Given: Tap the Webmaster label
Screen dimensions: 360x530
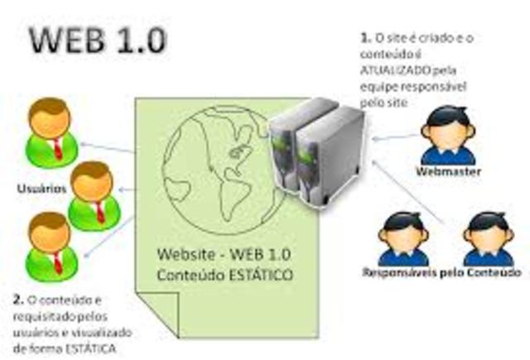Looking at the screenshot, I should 448,172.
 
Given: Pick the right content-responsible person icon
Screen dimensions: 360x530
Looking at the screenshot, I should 488,238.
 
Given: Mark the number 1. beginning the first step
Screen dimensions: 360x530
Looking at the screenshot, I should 364,37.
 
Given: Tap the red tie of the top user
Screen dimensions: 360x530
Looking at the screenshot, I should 59,148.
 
